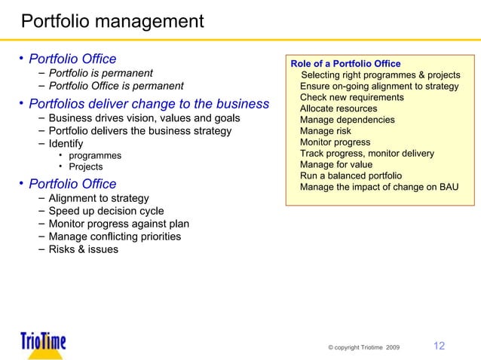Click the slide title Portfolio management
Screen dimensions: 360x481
pyautogui.click(x=112, y=20)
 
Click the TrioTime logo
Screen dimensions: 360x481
pyautogui.click(x=44, y=343)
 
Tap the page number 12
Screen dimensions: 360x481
pyautogui.click(x=438, y=346)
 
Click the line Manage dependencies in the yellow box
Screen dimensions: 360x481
pyautogui.click(x=347, y=120)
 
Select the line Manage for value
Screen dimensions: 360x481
pyautogui.click(x=335, y=165)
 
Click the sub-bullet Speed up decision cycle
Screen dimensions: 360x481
pyautogui.click(x=106, y=211)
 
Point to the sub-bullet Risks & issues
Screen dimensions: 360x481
pyautogui.click(x=83, y=249)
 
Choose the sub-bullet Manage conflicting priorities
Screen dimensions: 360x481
pyautogui.click(x=115, y=236)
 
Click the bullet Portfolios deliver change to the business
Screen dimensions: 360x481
pyautogui.click(x=149, y=104)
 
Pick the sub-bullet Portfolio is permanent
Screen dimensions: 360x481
pyautogui.click(x=101, y=73)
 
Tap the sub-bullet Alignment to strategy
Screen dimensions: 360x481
pyautogui.click(x=98, y=198)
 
